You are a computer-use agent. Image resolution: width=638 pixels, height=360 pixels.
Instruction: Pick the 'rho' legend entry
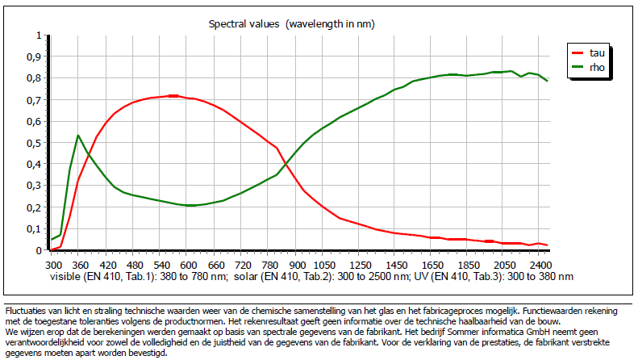click(x=596, y=69)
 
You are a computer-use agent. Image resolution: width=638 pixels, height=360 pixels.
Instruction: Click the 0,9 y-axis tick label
click(x=31, y=57)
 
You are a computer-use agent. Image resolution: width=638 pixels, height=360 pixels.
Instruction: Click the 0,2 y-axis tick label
click(x=31, y=207)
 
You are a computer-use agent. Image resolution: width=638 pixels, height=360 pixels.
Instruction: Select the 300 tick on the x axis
click(x=53, y=265)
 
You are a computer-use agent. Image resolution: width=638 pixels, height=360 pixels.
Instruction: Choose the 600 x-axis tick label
click(x=188, y=265)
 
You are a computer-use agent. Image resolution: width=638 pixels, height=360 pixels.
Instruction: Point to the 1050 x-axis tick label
click(x=323, y=265)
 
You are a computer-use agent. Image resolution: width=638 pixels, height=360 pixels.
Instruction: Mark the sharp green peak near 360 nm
click(x=77, y=135)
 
